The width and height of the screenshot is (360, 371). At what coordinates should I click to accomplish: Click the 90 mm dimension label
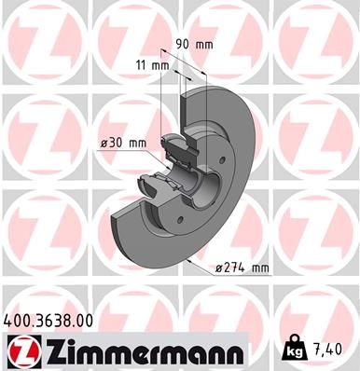point(193,43)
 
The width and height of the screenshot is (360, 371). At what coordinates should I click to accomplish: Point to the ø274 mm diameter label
point(242,268)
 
